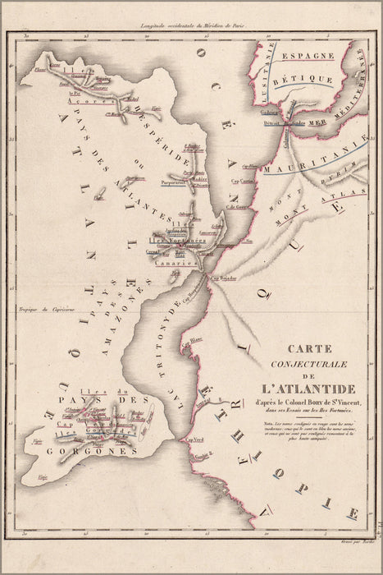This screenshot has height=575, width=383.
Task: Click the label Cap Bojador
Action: point(225,278)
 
